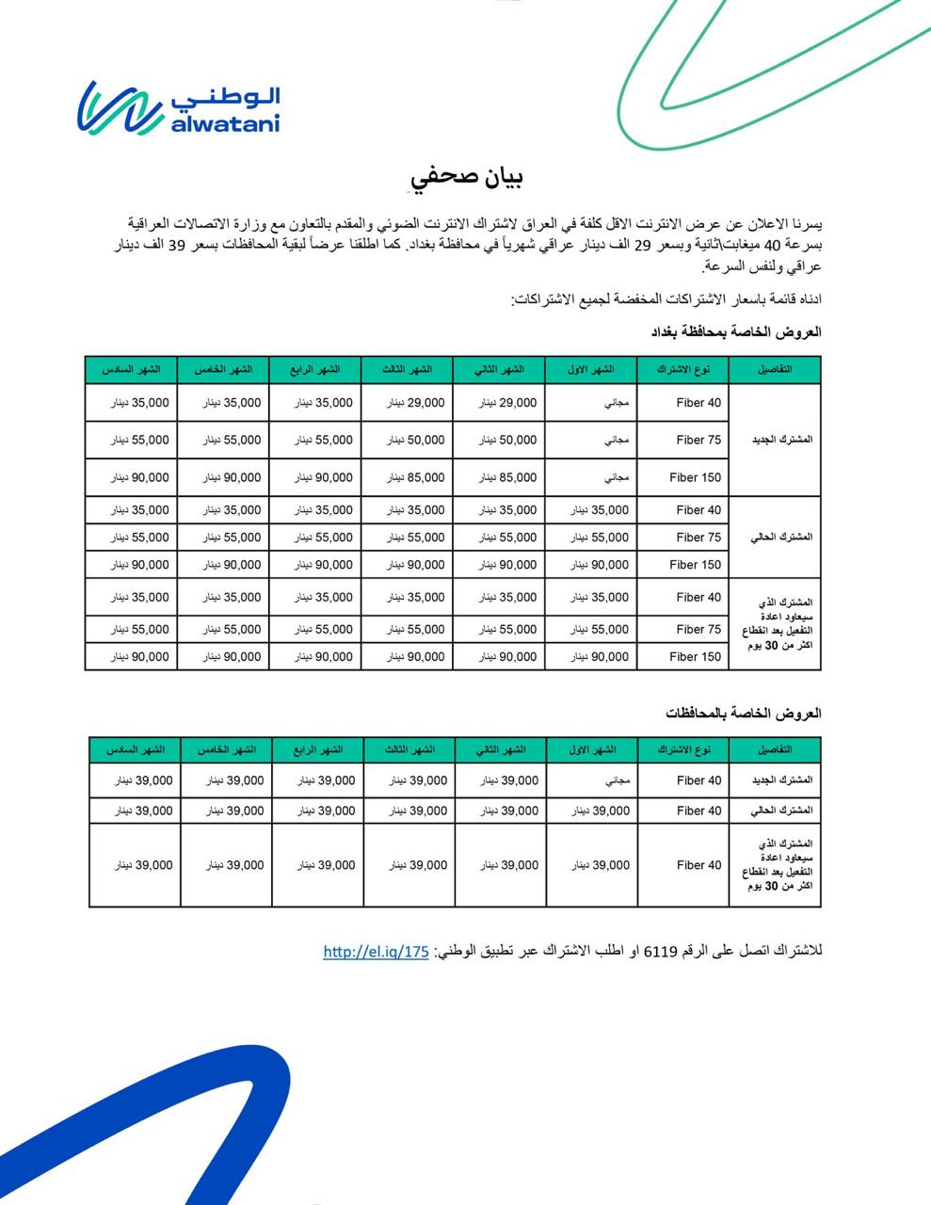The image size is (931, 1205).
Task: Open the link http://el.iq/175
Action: [376, 952]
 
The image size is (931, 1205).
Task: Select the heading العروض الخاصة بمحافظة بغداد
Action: [737, 332]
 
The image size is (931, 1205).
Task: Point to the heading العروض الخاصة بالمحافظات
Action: [744, 713]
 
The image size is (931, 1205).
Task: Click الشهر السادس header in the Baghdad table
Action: [131, 370]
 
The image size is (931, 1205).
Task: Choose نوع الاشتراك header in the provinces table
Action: [682, 750]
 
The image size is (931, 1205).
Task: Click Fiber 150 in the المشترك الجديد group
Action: [695, 477]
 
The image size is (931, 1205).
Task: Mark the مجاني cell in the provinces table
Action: [604, 780]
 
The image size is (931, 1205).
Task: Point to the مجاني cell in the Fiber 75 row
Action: [616, 440]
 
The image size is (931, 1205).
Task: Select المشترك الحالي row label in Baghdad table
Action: [780, 537]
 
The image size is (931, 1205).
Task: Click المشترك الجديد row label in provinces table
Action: [780, 780]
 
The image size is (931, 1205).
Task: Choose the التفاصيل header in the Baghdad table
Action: [775, 370]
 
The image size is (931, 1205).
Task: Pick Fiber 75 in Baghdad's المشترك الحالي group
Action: [698, 538]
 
